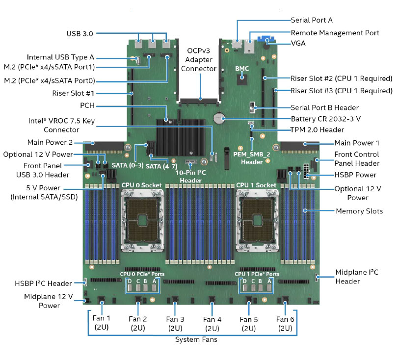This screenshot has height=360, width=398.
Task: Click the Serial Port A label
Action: click(x=312, y=20)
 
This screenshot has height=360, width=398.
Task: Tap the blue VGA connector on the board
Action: click(x=266, y=39)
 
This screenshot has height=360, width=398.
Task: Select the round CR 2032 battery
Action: click(x=218, y=118)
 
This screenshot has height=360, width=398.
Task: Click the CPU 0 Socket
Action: click(x=142, y=221)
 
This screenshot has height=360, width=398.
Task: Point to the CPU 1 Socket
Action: click(x=257, y=221)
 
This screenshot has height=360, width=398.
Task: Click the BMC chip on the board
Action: click(x=242, y=79)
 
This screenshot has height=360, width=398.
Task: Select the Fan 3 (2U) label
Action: click(x=175, y=324)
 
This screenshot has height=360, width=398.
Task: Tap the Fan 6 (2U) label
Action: click(x=285, y=324)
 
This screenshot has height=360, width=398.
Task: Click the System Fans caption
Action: click(x=196, y=339)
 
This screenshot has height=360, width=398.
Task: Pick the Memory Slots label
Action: click(x=359, y=211)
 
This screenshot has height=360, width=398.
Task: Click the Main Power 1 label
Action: click(x=357, y=143)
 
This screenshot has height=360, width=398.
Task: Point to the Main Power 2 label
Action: click(x=50, y=142)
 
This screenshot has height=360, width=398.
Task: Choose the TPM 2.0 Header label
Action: click(x=318, y=129)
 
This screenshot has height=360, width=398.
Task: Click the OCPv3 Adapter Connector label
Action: click(x=198, y=60)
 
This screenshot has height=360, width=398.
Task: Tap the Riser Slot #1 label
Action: click(x=73, y=93)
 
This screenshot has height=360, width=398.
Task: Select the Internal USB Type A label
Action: click(x=60, y=57)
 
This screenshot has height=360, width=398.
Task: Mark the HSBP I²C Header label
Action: click(x=43, y=283)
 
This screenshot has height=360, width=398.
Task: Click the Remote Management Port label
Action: click(x=335, y=33)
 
